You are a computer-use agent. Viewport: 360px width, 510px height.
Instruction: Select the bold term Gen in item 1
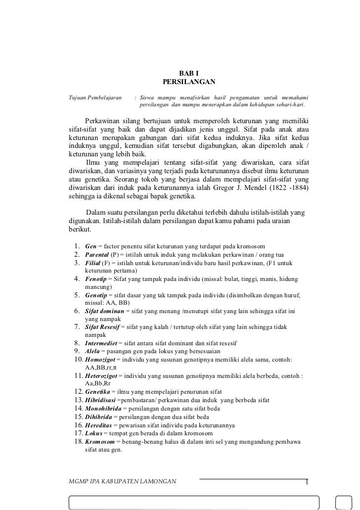pyautogui.click(x=91, y=246)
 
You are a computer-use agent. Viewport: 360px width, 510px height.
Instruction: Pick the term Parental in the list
pyautogui.click(x=98, y=254)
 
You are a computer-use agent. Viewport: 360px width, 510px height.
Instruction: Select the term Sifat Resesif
pyautogui.click(x=104, y=327)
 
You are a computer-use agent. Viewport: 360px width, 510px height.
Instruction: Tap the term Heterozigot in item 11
pyautogui.click(x=103, y=375)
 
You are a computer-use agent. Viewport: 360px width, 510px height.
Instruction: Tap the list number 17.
pyautogui.click(x=77, y=433)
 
